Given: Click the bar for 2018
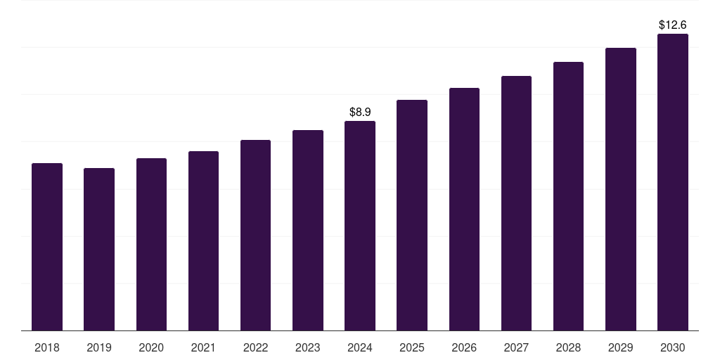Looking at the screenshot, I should pyautogui.click(x=47, y=247).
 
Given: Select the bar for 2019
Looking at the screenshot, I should pyautogui.click(x=99, y=250).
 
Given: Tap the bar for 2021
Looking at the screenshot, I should pyautogui.click(x=203, y=241).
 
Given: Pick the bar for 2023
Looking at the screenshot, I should pyautogui.click(x=308, y=231).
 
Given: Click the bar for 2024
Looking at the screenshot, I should pyautogui.click(x=360, y=226).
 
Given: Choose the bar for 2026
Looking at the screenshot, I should pyautogui.click(x=464, y=210).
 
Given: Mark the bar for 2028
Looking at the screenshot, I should pyautogui.click(x=568, y=196).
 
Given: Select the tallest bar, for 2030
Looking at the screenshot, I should pyautogui.click(x=673, y=182).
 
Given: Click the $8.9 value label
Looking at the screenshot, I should pyautogui.click(x=360, y=112).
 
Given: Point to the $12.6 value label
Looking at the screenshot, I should pyautogui.click(x=673, y=25).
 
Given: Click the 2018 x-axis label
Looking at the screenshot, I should pyautogui.click(x=47, y=347).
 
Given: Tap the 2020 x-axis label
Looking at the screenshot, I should pyautogui.click(x=151, y=347).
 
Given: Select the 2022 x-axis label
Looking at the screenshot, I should pyautogui.click(x=255, y=347).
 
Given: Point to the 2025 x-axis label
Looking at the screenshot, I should pyautogui.click(x=412, y=347).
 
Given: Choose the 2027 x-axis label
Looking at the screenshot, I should pyautogui.click(x=516, y=347).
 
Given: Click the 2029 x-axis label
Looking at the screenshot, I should pyautogui.click(x=620, y=347).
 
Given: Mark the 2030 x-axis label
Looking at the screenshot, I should pyautogui.click(x=673, y=347).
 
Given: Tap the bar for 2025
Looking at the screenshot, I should pyautogui.click(x=412, y=215).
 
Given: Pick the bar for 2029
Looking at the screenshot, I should pyautogui.click(x=621, y=189).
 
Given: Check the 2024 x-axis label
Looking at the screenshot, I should pyautogui.click(x=360, y=347).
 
